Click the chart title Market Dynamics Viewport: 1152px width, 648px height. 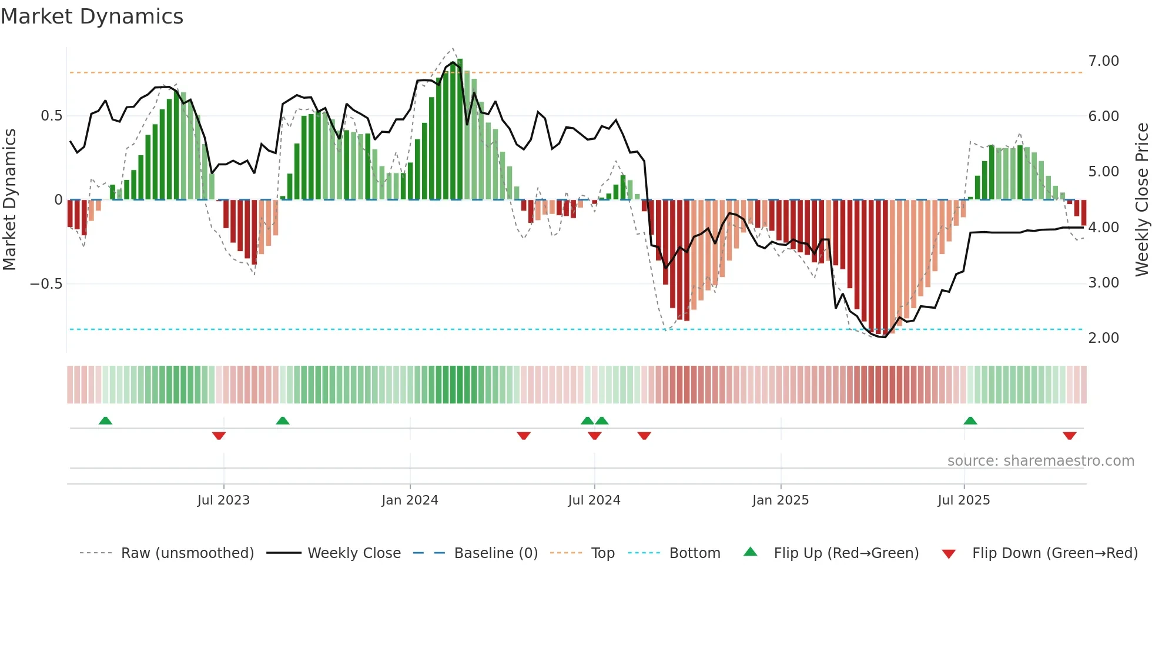pyautogui.click(x=92, y=16)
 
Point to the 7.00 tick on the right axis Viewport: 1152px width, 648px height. pyautogui.click(x=1103, y=61)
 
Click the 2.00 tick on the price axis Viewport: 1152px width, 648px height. pyautogui.click(x=1103, y=338)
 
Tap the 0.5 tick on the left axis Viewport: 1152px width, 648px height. pyautogui.click(x=51, y=116)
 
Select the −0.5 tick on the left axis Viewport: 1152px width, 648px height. pyautogui.click(x=46, y=284)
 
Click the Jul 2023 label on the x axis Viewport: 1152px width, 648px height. pyautogui.click(x=223, y=500)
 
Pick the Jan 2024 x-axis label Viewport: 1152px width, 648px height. pyautogui.click(x=410, y=500)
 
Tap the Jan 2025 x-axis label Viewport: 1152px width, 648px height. pyautogui.click(x=781, y=500)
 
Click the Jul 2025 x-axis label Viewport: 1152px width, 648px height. pyautogui.click(x=964, y=500)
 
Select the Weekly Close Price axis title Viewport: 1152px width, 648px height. pyautogui.click(x=1141, y=199)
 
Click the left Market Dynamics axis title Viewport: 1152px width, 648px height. pyautogui.click(x=9, y=199)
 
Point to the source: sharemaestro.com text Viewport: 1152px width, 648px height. pyautogui.click(x=1040, y=461)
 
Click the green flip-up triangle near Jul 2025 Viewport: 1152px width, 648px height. pyautogui.click(x=970, y=421)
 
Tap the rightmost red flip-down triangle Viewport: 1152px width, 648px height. pyautogui.click(x=1069, y=436)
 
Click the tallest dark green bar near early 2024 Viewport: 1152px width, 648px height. pyautogui.click(x=460, y=129)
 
